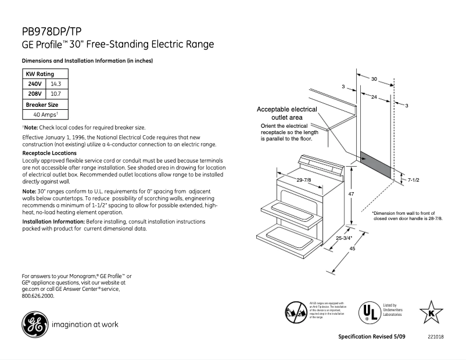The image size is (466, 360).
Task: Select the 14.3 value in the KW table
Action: click(x=56, y=84)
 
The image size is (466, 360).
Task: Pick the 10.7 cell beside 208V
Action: click(x=56, y=93)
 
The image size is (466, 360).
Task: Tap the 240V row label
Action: click(x=34, y=84)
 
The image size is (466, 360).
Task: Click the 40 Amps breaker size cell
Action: click(x=45, y=115)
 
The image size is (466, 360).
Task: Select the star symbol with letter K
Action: click(x=431, y=311)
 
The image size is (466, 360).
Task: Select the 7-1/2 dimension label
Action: click(x=414, y=181)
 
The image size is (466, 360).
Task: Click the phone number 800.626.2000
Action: click(x=38, y=296)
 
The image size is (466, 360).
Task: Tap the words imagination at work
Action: click(x=85, y=324)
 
